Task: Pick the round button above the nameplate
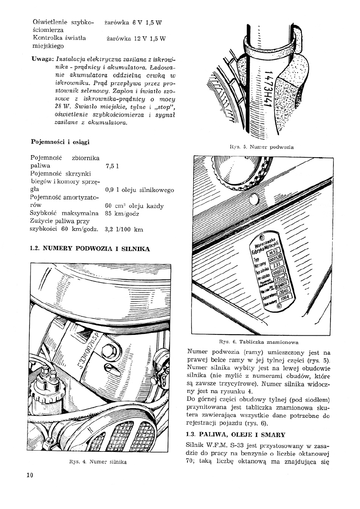click(x=254, y=200)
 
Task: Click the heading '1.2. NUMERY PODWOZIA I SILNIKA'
click(x=90, y=249)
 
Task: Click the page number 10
click(x=29, y=475)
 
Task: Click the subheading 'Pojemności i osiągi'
click(x=60, y=142)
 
